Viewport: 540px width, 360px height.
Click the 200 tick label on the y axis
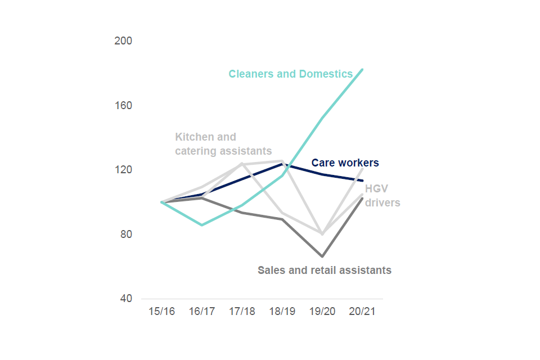pyautogui.click(x=124, y=41)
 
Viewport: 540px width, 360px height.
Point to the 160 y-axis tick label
pyautogui.click(x=124, y=106)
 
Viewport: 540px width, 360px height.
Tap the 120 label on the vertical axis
pyautogui.click(x=124, y=170)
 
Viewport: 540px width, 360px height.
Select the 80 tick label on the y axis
pyautogui.click(x=126, y=235)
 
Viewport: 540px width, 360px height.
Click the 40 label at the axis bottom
pyautogui.click(x=126, y=299)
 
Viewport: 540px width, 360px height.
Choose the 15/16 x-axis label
pyautogui.click(x=161, y=312)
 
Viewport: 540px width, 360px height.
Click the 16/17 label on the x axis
pyautogui.click(x=202, y=312)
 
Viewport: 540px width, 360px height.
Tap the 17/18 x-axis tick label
pyautogui.click(x=242, y=312)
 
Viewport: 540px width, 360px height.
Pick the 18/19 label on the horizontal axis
pyautogui.click(x=282, y=312)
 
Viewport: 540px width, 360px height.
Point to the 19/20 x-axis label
pyautogui.click(x=322, y=312)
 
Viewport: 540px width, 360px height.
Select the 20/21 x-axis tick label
pyautogui.click(x=362, y=312)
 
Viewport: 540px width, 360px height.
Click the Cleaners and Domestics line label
pyautogui.click(x=290, y=74)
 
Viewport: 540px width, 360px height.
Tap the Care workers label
pyautogui.click(x=345, y=163)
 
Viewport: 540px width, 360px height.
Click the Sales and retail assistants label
pyautogui.click(x=324, y=270)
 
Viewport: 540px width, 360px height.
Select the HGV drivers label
pyautogui.click(x=382, y=195)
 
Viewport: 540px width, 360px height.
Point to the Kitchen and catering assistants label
pyautogui.click(x=223, y=144)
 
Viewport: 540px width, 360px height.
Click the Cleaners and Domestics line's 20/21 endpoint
pyautogui.click(x=362, y=69)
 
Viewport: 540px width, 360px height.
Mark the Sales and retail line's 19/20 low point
pyautogui.click(x=322, y=256)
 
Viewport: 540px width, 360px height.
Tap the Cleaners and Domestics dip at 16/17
pyautogui.click(x=202, y=225)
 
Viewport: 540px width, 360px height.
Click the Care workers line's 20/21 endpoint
pyautogui.click(x=362, y=181)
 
